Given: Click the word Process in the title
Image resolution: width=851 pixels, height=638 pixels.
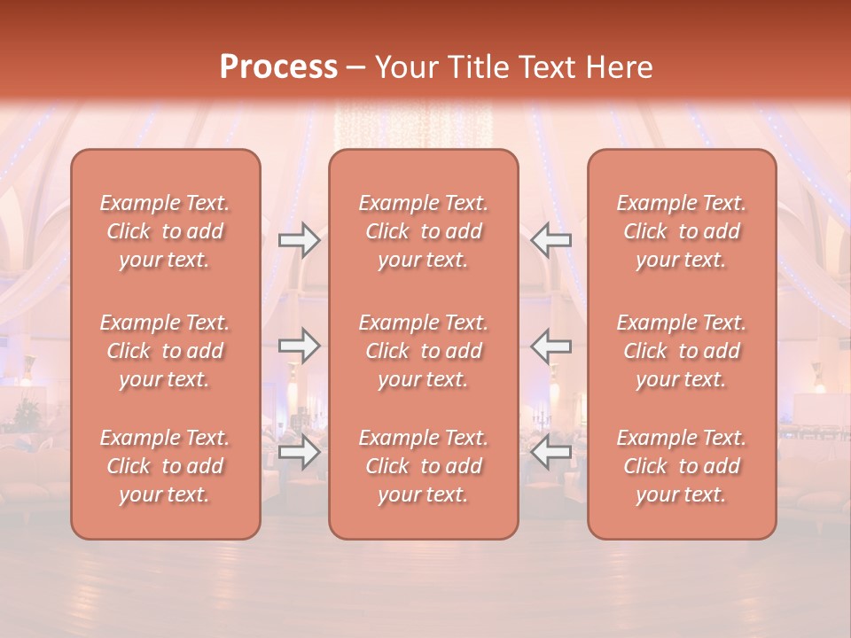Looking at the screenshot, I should (x=278, y=67).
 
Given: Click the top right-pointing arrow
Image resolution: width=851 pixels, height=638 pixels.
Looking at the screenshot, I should (x=300, y=239).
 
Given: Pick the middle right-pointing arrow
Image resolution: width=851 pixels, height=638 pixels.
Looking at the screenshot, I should (x=300, y=346).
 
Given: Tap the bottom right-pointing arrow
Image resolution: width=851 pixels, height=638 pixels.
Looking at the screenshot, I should (x=300, y=452).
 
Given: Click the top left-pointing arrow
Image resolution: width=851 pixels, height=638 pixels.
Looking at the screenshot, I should (x=551, y=239).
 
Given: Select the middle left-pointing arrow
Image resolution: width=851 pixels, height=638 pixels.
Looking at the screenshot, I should (x=551, y=346).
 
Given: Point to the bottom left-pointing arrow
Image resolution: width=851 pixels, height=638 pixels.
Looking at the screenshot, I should (x=551, y=452).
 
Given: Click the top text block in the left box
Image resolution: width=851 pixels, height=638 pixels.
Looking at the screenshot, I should (x=165, y=231).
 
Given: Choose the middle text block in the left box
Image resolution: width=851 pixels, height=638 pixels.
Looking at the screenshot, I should (x=165, y=351).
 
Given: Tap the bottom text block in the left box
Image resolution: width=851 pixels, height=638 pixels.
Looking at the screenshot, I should (x=165, y=466).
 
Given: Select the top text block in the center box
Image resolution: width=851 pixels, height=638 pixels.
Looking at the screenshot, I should (x=424, y=231).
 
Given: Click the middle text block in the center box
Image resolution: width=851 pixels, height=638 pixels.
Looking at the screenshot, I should (x=424, y=351).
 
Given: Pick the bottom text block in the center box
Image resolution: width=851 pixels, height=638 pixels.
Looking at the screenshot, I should (x=424, y=466).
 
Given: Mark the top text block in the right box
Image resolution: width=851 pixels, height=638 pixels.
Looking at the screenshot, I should (x=682, y=231).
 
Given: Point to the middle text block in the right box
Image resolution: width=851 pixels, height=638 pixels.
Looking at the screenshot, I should (x=682, y=351).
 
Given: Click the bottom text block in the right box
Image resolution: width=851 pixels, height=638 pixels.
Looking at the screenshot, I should (x=682, y=466).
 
